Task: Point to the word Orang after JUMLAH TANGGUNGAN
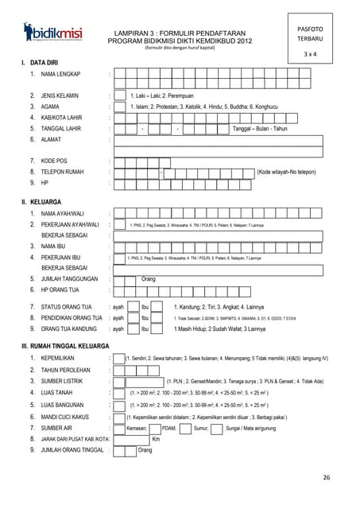pos(148,279)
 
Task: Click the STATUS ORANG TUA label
pos(66,306)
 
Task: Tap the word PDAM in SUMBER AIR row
pos(168,427)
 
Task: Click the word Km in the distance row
pos(156,438)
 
